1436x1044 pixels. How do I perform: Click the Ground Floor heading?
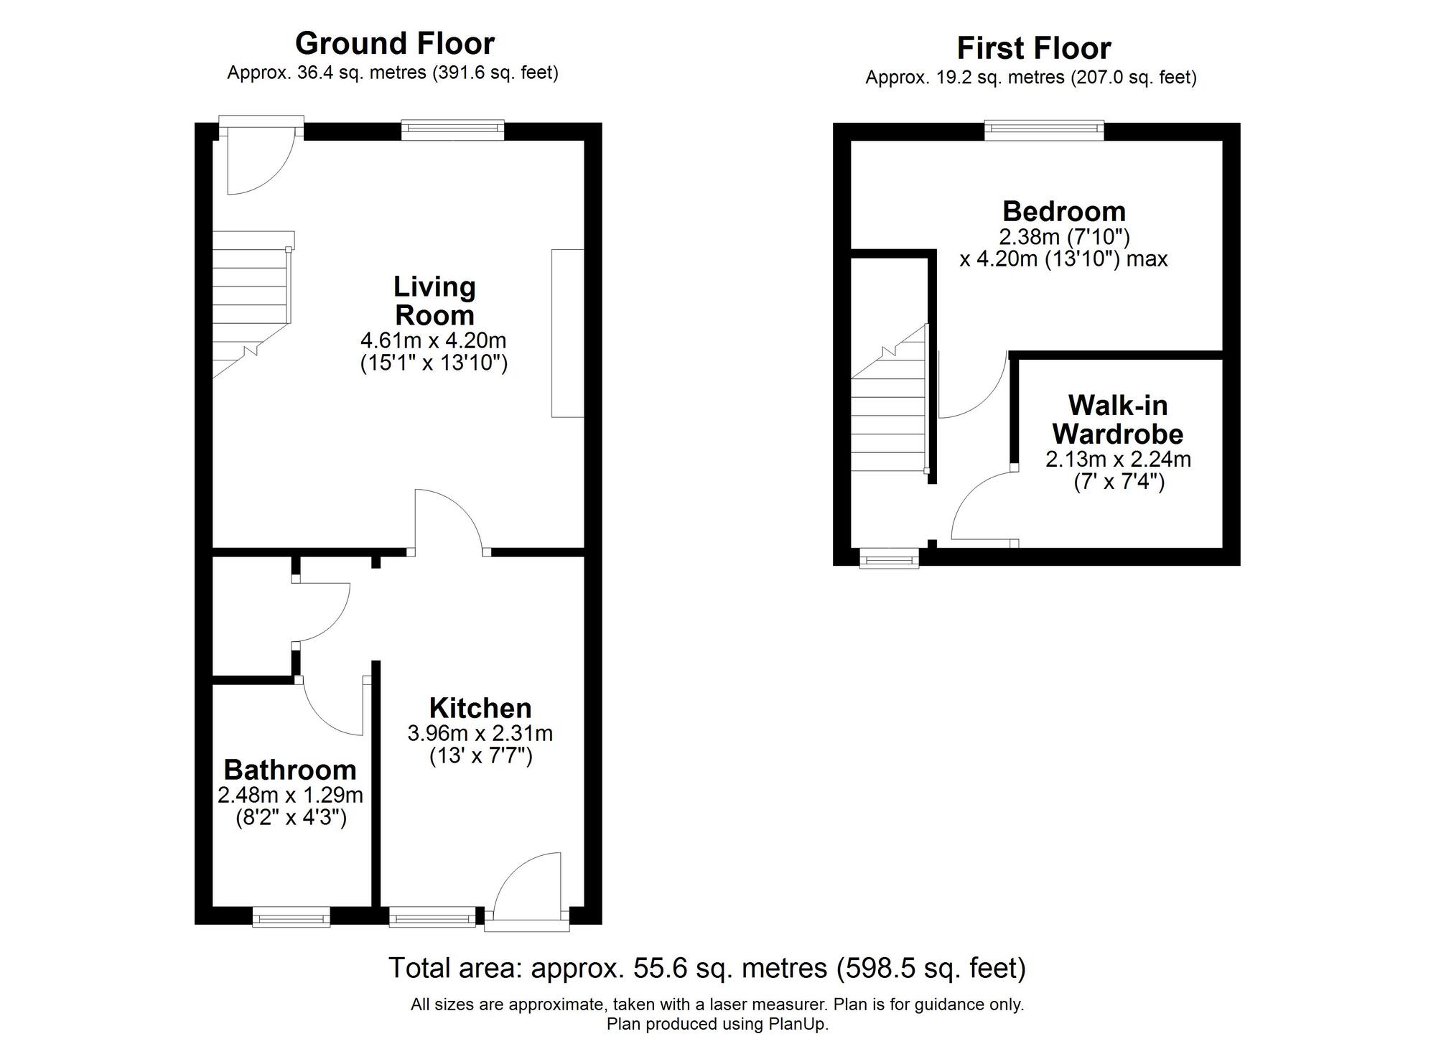coord(395,44)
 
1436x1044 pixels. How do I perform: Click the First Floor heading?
coord(1034,49)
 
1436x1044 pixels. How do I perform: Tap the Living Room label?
coord(434,301)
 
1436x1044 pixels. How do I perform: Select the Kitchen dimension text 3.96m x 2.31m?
coord(480,733)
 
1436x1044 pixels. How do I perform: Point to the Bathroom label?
coord(290,770)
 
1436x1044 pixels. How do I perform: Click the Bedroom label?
coord(1064,211)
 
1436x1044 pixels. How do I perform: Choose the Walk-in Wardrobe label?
coord(1117,420)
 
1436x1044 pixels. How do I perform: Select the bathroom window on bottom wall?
coord(291,917)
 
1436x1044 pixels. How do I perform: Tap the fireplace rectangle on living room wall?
coord(567,332)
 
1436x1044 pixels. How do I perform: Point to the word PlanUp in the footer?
coord(800,1024)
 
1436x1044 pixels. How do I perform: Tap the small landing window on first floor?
coord(889,558)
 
